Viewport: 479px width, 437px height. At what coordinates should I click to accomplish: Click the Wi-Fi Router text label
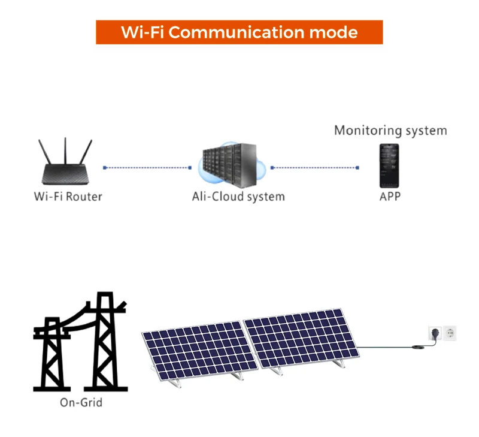[x=68, y=197]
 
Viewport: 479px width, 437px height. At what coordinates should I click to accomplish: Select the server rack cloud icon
[x=229, y=164]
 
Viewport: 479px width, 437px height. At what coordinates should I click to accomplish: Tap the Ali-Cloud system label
[x=238, y=197]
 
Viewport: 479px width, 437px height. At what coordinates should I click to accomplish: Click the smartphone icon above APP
[x=389, y=165]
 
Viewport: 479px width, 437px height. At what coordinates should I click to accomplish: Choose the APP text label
[x=390, y=197]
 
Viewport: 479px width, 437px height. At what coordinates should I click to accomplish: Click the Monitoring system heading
[x=390, y=130]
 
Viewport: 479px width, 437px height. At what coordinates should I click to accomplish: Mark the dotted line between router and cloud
[x=147, y=168]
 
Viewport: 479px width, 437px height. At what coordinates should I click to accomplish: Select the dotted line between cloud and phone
[x=315, y=168]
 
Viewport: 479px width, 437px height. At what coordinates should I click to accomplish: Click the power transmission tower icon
[x=81, y=342]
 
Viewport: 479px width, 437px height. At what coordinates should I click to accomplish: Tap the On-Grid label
[x=81, y=402]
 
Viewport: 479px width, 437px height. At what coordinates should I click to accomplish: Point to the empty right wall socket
[x=449, y=334]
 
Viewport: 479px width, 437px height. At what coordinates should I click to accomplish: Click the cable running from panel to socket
[x=389, y=347]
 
